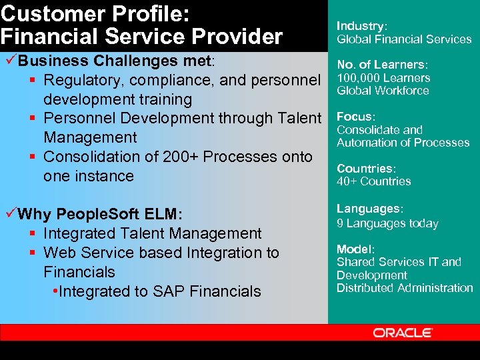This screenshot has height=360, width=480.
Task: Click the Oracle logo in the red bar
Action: [403, 333]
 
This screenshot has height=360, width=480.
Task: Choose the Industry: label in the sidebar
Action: [361, 26]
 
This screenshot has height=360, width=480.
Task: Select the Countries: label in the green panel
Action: [365, 169]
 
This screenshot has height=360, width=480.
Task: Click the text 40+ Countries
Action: [373, 181]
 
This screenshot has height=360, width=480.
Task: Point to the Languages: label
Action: [369, 209]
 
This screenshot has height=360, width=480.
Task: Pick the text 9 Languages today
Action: [387, 223]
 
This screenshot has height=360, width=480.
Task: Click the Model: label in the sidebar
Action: [355, 249]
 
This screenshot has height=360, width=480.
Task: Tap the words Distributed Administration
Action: [405, 288]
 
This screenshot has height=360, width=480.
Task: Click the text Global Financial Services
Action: [404, 39]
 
